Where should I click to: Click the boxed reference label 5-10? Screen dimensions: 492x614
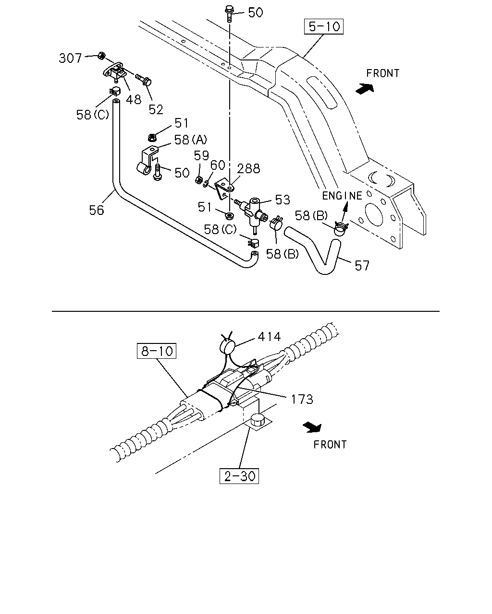(324, 26)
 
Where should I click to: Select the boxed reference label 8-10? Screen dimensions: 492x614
(157, 351)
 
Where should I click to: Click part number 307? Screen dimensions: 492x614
(70, 58)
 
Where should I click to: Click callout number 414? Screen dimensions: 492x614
(269, 337)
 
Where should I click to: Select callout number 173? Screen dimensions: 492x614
(302, 399)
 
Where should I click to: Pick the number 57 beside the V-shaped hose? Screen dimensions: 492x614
(362, 266)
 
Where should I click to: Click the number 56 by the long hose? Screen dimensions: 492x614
(97, 210)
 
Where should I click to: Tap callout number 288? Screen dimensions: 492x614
(248, 169)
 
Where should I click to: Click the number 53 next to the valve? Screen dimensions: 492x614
(283, 200)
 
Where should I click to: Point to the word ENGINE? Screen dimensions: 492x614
(342, 196)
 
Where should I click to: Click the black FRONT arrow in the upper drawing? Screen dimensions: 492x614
(365, 88)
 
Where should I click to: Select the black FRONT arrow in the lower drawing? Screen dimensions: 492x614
(312, 427)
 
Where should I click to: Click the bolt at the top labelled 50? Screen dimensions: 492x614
(229, 13)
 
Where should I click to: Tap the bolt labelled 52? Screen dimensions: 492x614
(144, 79)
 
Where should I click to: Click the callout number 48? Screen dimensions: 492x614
(134, 100)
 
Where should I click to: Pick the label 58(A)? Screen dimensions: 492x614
(190, 140)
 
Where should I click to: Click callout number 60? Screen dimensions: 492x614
(218, 165)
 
